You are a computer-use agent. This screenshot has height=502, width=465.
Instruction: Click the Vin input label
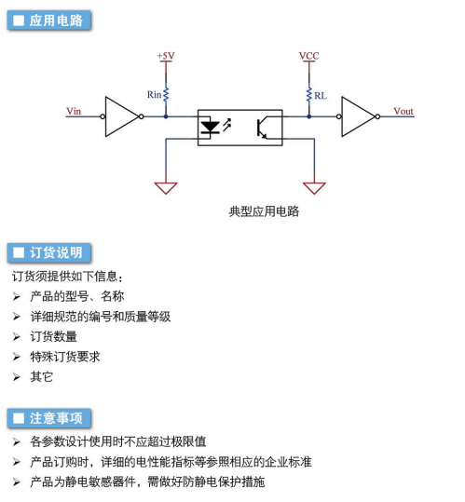(74, 111)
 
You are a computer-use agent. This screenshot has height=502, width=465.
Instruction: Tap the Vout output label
(403, 111)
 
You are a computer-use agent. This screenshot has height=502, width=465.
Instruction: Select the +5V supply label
(166, 56)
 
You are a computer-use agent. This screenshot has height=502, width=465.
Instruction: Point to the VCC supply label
(309, 56)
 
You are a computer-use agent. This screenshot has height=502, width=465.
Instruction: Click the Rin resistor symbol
(166, 94)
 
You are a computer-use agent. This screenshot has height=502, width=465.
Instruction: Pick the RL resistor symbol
(309, 94)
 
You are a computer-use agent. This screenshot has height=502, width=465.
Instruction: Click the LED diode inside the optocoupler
(210, 127)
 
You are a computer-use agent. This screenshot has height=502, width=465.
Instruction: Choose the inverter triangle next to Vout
(358, 116)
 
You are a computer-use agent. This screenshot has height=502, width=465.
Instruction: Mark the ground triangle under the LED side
(166, 188)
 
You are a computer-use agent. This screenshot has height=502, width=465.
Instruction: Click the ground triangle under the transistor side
(314, 188)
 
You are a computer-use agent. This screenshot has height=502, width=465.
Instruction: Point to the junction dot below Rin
(166, 116)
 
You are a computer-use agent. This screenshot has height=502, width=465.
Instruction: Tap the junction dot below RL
(309, 116)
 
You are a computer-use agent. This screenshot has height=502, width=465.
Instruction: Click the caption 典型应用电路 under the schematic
(264, 211)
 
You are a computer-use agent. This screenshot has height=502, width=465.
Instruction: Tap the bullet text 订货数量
(53, 336)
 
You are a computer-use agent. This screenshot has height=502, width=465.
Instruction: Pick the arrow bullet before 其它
(17, 377)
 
